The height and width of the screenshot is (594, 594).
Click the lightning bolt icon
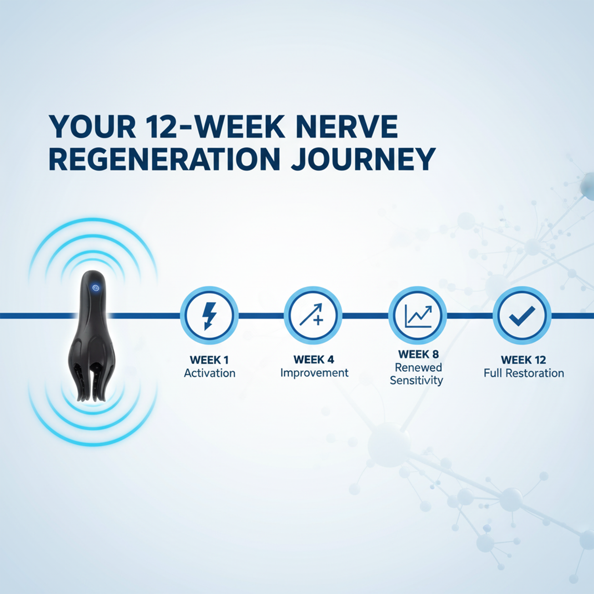209,316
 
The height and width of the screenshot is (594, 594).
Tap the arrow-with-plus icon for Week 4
313,316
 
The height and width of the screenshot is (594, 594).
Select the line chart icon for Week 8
417,316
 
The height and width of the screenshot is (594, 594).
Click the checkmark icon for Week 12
522,316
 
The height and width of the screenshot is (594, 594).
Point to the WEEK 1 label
209,360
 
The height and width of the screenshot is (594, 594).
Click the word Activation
209,373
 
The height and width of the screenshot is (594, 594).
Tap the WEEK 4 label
314,360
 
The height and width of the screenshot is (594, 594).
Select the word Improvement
314,373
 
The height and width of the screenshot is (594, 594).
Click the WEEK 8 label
418,354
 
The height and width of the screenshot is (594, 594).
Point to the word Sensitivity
416,380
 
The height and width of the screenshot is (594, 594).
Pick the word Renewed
418,367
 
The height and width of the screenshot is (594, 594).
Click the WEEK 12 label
523,360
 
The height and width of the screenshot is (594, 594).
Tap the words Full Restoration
524,373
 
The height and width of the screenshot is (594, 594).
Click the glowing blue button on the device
95,288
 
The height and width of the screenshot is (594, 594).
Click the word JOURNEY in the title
363,159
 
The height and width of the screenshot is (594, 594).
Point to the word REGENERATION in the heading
164,159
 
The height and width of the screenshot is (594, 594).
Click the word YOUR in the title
92,127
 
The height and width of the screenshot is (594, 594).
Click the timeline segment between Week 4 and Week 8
365,316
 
